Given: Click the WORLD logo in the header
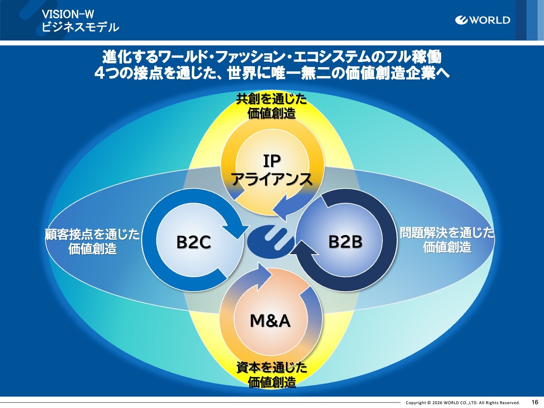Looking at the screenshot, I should coord(482,20).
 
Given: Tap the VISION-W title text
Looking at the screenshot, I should coord(68,14).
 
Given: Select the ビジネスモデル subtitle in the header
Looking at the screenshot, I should coord(80,28).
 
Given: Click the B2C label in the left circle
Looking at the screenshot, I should coord(194,242).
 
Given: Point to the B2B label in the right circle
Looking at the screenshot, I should coord(345,241).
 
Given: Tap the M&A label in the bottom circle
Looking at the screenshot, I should coord(270,320).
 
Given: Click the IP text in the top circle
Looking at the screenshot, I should coord(272,161).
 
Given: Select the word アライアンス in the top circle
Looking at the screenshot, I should coord(272,179).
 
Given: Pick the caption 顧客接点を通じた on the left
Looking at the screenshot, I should coord(93,234).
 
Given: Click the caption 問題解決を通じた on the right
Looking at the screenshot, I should coord(447,232).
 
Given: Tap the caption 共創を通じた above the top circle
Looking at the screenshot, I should coord(272,99).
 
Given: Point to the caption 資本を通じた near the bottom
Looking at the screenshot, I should coord(272,367).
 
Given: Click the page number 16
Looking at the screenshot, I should coord(535,402).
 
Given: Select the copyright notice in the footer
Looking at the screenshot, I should coord(462,402).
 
